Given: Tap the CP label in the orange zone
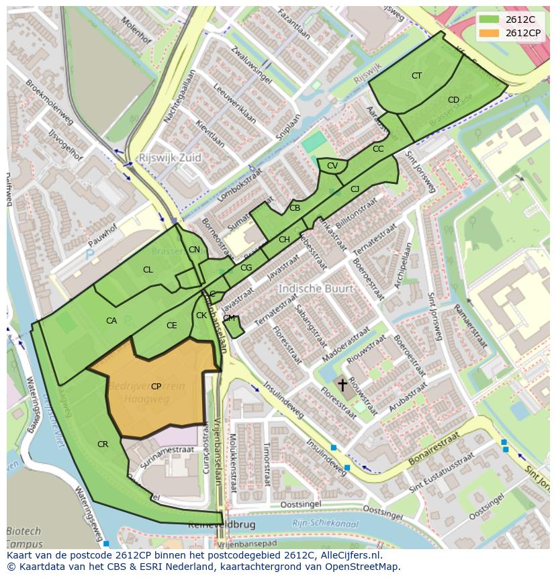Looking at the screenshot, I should [156, 386].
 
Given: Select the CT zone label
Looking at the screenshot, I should [416, 76].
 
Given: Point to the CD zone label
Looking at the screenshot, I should [453, 100].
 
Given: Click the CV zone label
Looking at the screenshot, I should [332, 166].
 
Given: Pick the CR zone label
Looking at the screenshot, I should [103, 444].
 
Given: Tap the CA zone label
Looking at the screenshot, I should [111, 321].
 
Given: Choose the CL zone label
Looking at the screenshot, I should [148, 270].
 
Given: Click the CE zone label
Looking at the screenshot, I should [172, 326].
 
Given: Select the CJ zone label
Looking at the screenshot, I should [355, 189].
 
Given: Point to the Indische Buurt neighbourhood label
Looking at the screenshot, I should [316, 289].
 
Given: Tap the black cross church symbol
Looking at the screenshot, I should [342, 385].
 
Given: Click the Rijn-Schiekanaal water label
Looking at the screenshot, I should [325, 524].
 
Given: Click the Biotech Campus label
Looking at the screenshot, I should [24, 538].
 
